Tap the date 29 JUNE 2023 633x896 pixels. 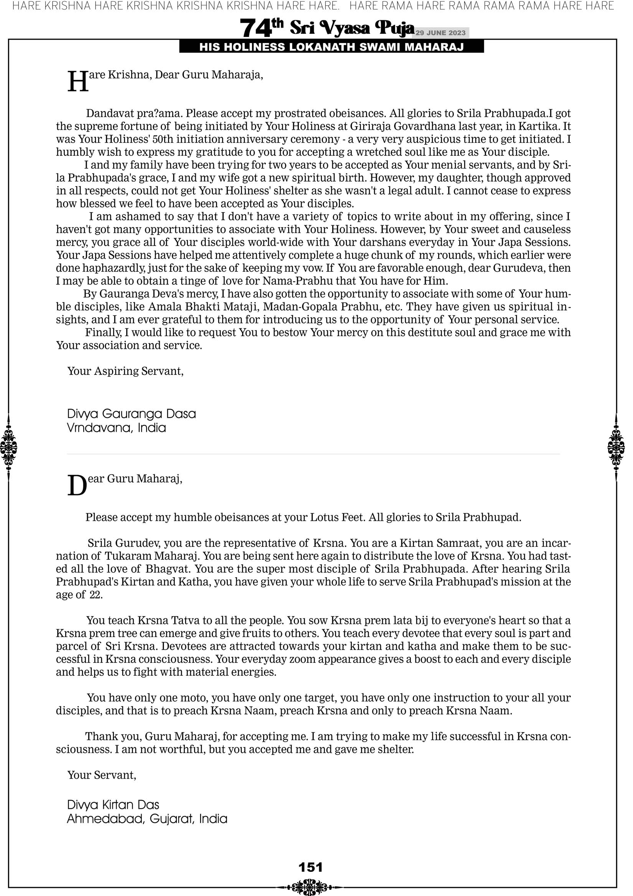(440, 33)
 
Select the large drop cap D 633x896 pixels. (77, 486)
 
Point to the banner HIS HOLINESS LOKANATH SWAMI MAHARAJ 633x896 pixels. (331, 47)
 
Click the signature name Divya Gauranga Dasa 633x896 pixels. (132, 414)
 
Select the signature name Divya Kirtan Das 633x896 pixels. (113, 805)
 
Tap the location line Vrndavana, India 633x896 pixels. (116, 428)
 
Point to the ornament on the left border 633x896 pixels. (8, 447)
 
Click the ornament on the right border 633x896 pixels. (616, 447)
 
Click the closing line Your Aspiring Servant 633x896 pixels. (125, 371)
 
